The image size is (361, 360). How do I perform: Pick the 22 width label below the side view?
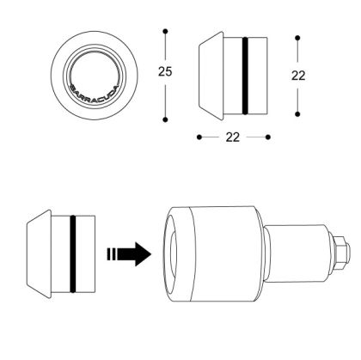pos(233,137)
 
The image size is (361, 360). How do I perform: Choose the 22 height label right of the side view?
pos(298,75)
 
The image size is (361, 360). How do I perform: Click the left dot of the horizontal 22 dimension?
pos(199,137)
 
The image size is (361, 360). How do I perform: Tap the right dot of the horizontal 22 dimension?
pos(268,137)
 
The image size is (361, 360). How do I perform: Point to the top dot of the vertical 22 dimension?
pos(297,37)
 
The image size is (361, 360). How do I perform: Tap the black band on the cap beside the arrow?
pos(73,253)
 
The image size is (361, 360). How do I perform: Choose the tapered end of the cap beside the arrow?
pos(38,253)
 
